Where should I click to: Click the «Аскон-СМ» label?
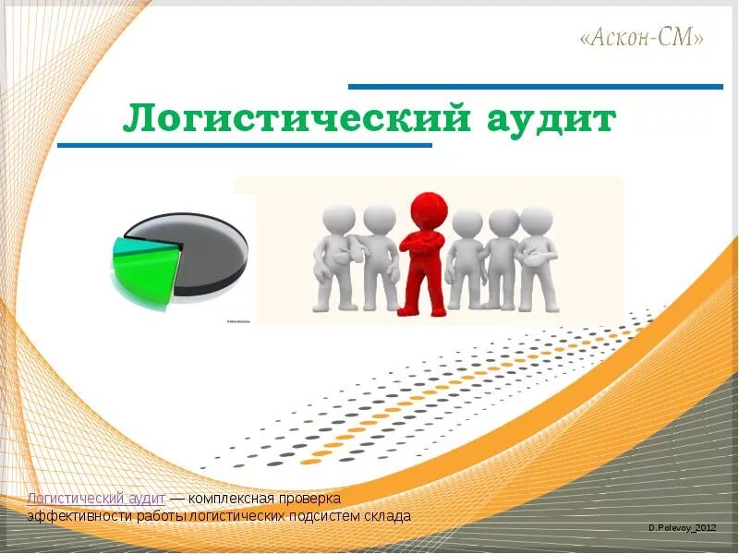coord(643,38)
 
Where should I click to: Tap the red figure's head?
coord(428,208)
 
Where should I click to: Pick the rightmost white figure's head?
coord(536,220)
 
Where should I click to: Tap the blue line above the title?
coord(536,87)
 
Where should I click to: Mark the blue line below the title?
coord(245,146)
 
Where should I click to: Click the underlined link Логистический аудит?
coord(96,499)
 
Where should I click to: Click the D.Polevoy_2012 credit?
coord(683,526)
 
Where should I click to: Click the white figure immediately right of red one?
coord(466,259)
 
